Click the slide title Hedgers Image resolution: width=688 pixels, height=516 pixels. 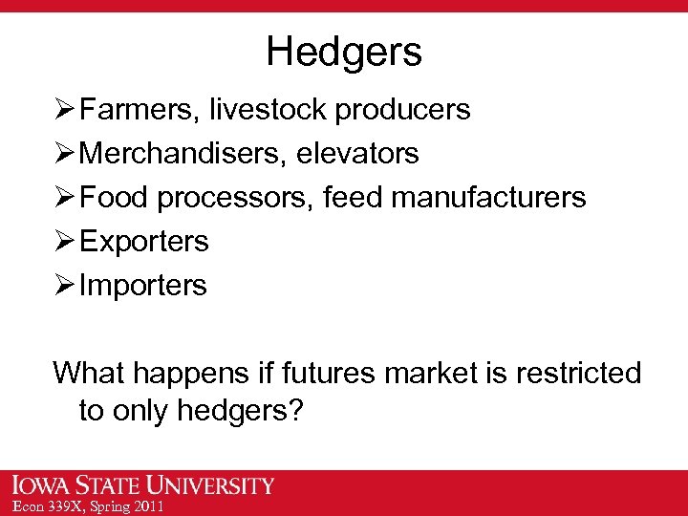pos(344,52)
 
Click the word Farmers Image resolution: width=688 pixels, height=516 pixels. pos(136,110)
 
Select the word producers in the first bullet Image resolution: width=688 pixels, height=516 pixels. pos(401,110)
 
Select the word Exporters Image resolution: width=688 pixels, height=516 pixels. pos(144,241)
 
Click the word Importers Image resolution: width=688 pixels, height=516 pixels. pos(143,285)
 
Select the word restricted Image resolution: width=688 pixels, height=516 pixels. pos(578,372)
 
